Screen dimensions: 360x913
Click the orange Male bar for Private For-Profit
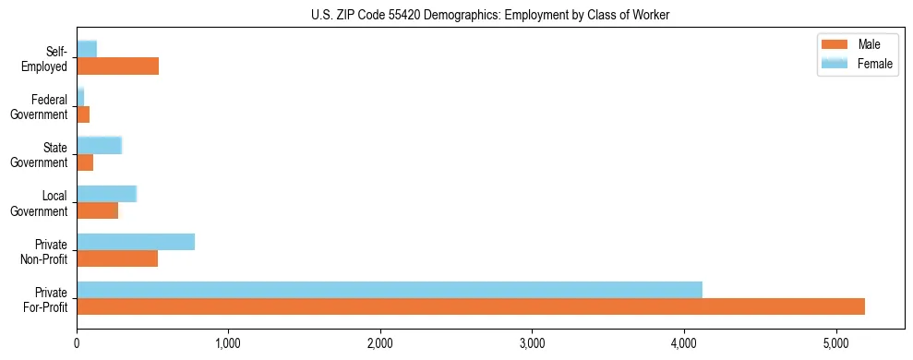471,306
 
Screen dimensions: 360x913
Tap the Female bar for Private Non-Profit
136,242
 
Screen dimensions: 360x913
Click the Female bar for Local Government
106,194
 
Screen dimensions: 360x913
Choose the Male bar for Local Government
97,210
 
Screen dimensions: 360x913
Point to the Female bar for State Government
99,146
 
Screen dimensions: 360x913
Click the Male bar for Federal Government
83,114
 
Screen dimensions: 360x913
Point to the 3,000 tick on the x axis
532,344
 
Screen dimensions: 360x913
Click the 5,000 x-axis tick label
835,344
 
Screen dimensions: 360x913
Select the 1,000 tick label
228,344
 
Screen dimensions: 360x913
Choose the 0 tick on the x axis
77,344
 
